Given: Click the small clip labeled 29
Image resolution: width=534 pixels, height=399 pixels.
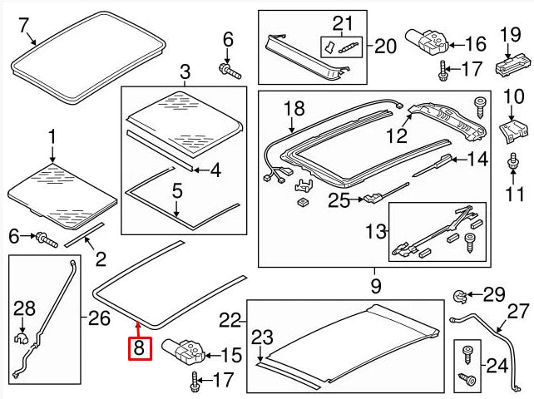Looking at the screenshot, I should [461, 294].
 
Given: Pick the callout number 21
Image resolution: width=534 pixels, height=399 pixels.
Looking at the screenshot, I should [343, 22].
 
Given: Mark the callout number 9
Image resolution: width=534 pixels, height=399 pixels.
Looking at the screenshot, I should [375, 287].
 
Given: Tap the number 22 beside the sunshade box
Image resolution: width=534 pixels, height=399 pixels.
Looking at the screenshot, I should [230, 319].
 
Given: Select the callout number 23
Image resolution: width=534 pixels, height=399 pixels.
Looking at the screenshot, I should [263, 337].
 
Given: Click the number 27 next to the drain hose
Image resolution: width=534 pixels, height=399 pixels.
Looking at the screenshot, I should [517, 312].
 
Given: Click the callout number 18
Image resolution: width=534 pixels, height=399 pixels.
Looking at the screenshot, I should [294, 109].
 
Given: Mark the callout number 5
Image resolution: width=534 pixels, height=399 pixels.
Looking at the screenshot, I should [177, 190].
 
